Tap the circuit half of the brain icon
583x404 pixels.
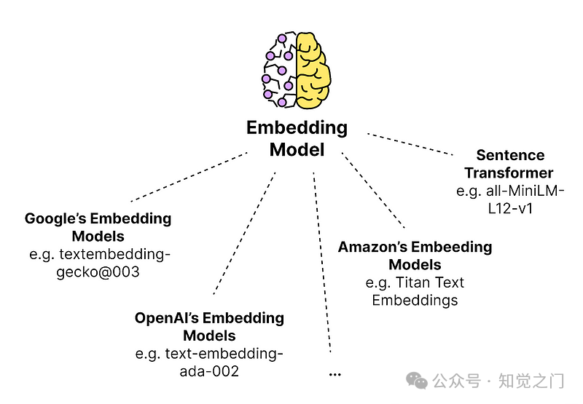280,69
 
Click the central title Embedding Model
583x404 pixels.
297,138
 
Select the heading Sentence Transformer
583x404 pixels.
509,164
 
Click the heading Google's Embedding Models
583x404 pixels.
98,227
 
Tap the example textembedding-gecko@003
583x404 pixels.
98,264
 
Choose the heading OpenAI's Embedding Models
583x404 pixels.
209,327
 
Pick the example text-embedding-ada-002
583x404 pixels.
209,363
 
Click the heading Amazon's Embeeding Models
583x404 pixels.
415,256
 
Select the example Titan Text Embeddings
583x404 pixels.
415,291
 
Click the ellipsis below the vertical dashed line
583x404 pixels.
335,373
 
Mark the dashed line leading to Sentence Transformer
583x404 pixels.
410,144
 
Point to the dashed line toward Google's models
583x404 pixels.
189,177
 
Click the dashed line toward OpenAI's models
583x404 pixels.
245,233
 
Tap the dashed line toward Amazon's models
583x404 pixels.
374,191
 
